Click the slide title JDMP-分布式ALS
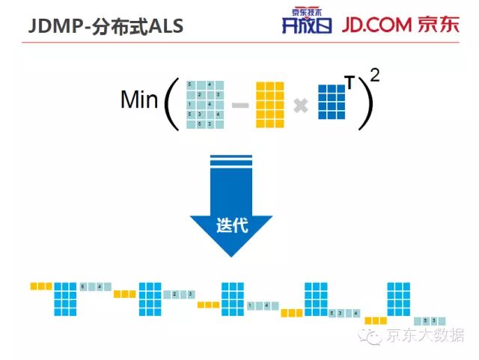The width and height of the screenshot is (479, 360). pos(106,25)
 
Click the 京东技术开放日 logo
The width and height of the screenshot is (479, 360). pos(304,22)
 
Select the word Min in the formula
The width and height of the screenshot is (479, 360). pos(139,100)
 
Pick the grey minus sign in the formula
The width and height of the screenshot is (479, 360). pos(240,106)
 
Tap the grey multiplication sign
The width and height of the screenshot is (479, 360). pos(301,106)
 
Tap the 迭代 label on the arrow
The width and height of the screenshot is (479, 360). pos(231,225)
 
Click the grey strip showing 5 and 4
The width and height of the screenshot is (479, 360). pos(95,286)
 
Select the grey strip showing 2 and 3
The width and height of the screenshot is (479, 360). pos(179,294)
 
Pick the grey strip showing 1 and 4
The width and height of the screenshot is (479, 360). pos(262,305)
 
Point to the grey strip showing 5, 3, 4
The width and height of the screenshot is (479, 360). pos(345,313)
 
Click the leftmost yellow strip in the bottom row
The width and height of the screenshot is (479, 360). pos(41,286)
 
